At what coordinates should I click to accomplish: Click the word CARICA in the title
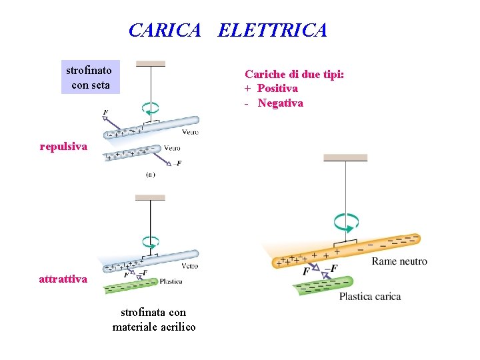(x=164, y=31)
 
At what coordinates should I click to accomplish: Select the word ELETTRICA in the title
(x=272, y=31)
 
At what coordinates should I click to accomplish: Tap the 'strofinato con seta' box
(x=89, y=77)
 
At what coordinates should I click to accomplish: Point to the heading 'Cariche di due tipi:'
(x=294, y=74)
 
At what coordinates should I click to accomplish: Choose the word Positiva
(x=277, y=88)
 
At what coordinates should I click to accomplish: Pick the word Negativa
(x=280, y=103)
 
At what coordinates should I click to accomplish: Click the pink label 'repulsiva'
(x=63, y=146)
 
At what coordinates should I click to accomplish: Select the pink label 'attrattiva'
(x=63, y=279)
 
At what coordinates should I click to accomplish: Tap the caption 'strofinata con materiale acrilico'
(x=154, y=319)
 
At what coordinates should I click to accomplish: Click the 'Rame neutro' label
(x=399, y=261)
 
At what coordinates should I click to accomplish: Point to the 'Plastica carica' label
(x=370, y=296)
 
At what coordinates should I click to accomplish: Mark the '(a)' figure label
(x=150, y=175)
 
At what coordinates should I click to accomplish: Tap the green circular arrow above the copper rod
(x=346, y=221)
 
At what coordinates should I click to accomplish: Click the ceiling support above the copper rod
(x=345, y=158)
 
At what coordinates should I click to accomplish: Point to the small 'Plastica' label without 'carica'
(x=171, y=282)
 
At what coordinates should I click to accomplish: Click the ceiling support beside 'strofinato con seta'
(x=151, y=64)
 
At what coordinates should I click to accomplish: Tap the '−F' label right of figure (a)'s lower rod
(x=177, y=163)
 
